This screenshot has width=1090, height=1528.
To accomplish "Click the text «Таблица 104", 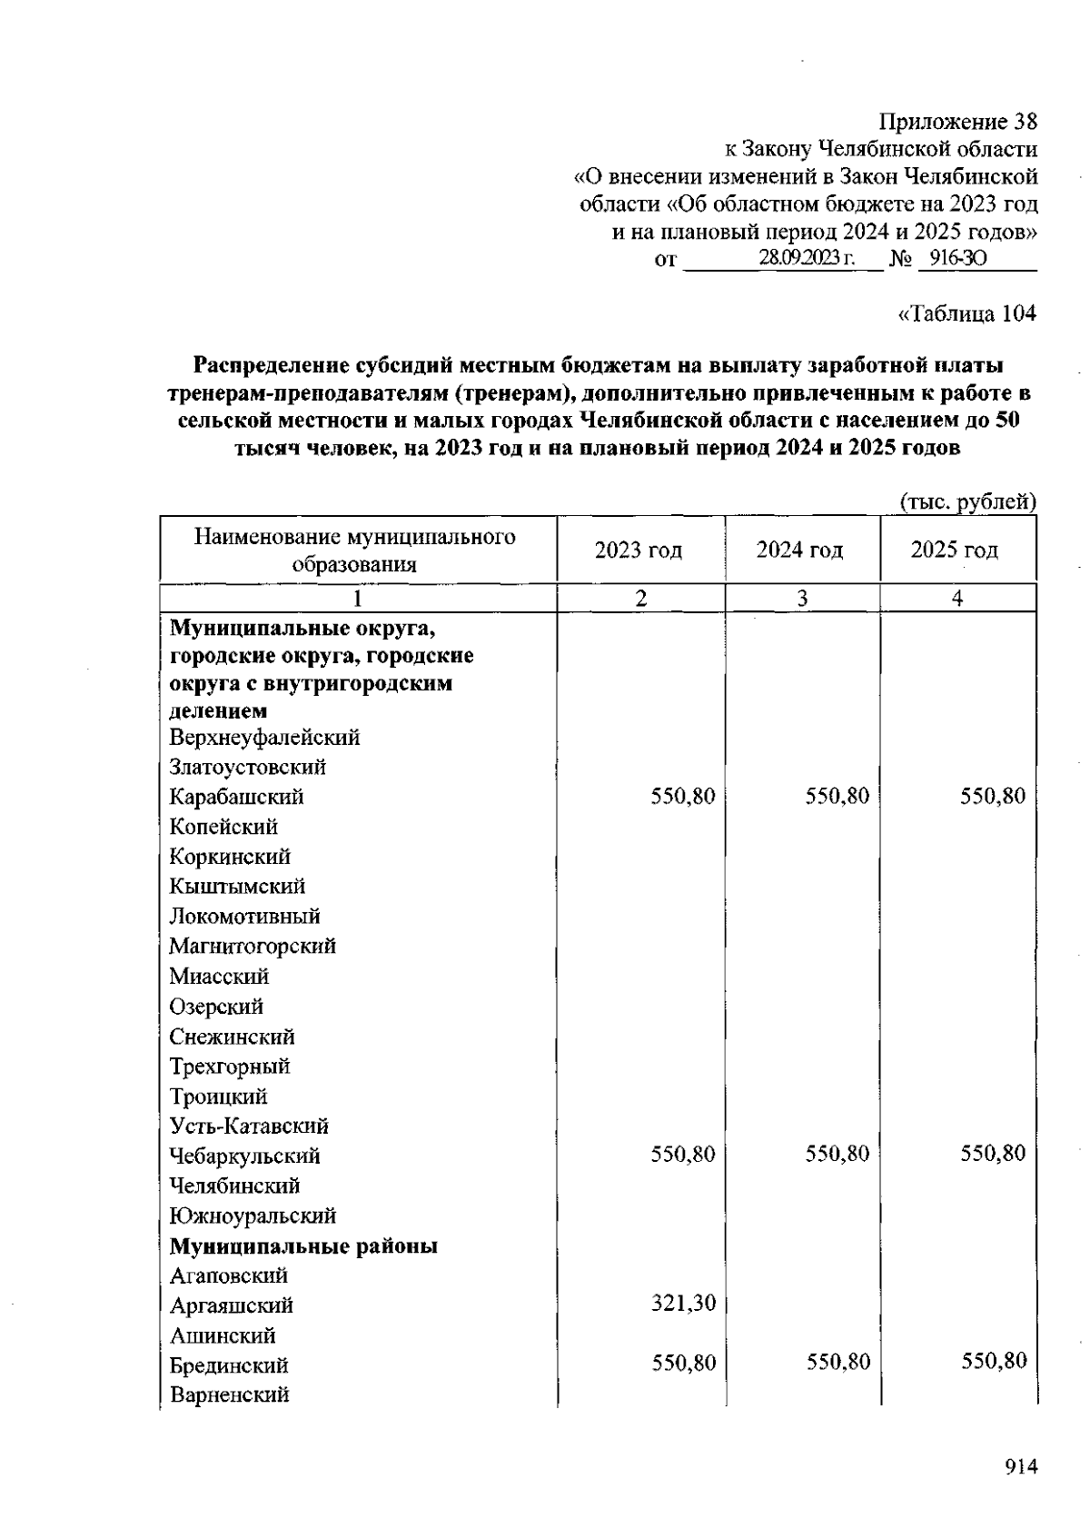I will tap(966, 313).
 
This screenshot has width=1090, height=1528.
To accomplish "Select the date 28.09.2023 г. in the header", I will tap(807, 259).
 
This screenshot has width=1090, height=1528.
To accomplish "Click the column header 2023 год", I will tap(639, 551).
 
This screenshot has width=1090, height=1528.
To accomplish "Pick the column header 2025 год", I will tap(954, 551).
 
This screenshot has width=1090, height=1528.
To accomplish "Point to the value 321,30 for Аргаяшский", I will tap(683, 1304).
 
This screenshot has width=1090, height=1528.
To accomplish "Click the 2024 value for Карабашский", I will tap(837, 797).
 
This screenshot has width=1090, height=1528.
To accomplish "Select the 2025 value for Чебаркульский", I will tap(992, 1154).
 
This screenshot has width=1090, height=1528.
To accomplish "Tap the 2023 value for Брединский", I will tap(683, 1362).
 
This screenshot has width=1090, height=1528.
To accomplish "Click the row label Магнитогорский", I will tap(253, 946).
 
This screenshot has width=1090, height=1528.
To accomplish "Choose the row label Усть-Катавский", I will tap(249, 1126).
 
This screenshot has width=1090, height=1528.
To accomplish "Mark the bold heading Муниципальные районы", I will tap(303, 1245).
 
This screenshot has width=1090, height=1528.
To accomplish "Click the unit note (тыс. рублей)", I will tap(967, 501).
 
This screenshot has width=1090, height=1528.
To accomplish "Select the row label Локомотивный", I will tap(244, 916).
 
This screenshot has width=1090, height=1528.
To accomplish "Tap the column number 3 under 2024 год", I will tap(802, 598).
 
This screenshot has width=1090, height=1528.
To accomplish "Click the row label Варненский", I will tap(229, 1394).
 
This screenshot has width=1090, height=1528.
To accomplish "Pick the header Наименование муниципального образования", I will tap(354, 551).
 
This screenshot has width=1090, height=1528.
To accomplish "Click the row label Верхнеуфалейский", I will tap(264, 737).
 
